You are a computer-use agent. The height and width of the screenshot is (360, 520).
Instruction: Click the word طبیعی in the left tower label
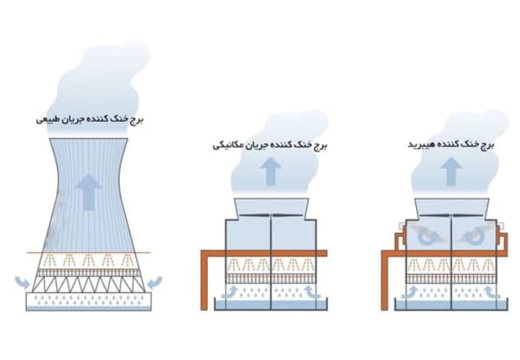[x=45, y=119]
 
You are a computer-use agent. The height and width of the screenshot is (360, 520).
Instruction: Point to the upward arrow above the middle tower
[x=270, y=171]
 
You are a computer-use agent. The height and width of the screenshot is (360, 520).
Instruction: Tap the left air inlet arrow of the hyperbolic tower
[x=22, y=283]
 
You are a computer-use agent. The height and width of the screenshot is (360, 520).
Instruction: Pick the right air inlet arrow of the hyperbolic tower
[x=155, y=283]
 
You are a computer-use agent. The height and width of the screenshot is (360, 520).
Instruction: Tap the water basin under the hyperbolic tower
[x=88, y=301]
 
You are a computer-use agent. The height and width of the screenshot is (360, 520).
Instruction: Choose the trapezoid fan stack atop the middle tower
[x=270, y=206]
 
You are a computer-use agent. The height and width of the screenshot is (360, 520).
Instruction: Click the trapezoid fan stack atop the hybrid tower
[x=450, y=206]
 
